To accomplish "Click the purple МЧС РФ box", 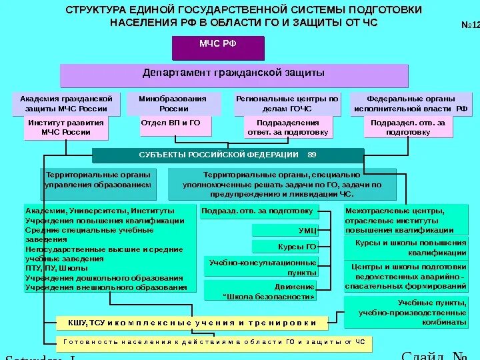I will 218,47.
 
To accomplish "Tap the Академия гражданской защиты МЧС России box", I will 66,103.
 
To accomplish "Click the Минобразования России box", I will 173,103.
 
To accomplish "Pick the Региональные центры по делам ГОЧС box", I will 287,103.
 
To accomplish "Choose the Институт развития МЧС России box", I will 66,127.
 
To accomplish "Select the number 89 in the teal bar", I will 312,155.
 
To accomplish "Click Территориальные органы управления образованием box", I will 98,183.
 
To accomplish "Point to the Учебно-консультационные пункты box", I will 261,267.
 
